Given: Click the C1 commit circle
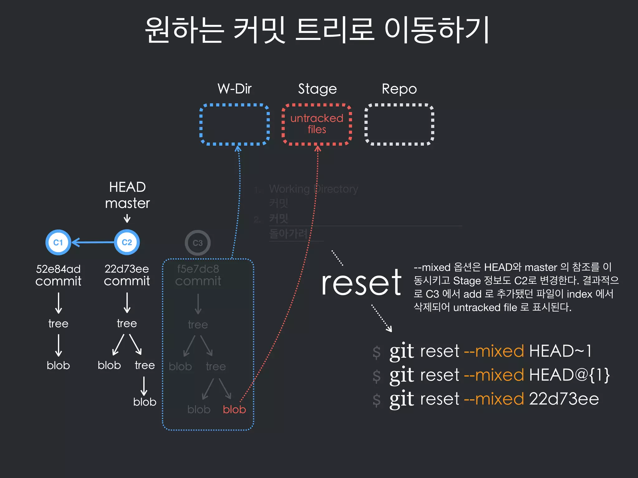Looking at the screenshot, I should pos(58,242).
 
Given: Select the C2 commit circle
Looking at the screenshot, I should pos(127,242).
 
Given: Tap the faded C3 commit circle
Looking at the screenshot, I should pos(198,243).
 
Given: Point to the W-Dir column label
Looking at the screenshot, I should pos(235,89).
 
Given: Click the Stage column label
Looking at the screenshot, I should pos(317,89).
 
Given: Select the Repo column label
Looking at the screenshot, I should pos(399,89).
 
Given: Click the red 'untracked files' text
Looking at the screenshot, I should pos(317,124).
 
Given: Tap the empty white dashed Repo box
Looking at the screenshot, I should pos(399,124).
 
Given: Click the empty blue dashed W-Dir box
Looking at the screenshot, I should pos(235,124).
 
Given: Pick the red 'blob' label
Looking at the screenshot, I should pos(234,410).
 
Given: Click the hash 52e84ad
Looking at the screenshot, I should pos(58,269).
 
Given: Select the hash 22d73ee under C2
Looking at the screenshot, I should pos(127,269).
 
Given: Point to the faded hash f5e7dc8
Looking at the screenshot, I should pos(198,269).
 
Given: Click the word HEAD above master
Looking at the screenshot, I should pos(127,187).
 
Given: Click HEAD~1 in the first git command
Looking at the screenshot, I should pos(560,351).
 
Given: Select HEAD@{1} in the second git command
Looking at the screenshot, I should pos(569,375).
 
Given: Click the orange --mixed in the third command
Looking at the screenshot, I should pos(494,399).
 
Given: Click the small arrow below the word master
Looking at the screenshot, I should pos(127,219).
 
